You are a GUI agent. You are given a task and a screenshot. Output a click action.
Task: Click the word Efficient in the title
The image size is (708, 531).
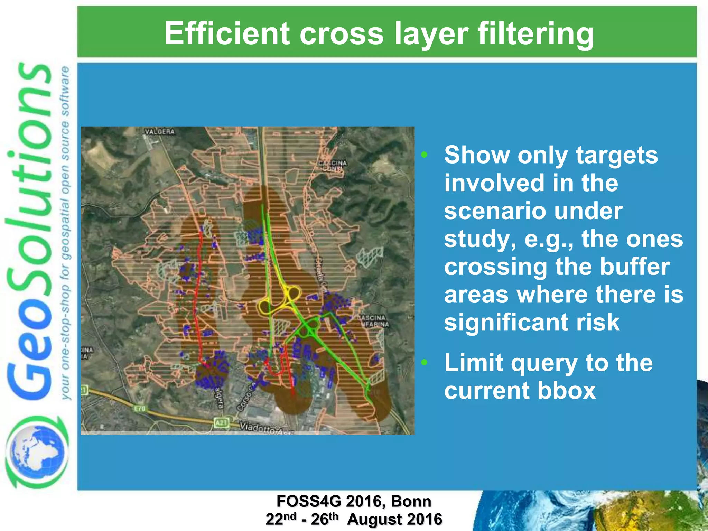click(227, 34)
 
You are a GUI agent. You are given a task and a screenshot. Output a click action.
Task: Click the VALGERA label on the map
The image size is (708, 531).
click(160, 132)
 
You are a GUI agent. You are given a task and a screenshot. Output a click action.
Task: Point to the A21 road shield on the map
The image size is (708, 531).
click(221, 422)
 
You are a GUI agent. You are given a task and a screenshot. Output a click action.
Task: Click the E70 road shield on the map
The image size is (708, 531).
click(140, 409)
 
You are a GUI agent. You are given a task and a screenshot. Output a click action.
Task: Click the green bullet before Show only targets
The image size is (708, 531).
click(424, 155)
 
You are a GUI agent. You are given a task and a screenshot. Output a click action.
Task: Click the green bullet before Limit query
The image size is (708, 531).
click(424, 362)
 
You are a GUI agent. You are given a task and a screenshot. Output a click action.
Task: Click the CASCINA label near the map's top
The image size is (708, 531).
click(332, 163)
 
